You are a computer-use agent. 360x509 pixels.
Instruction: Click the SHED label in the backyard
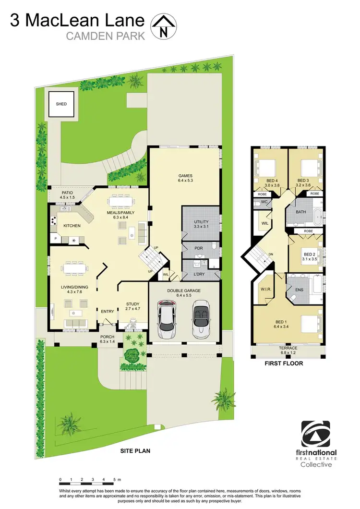click(x=61, y=104)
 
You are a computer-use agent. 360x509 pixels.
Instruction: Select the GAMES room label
click(x=185, y=176)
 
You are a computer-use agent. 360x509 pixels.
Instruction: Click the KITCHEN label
click(x=71, y=225)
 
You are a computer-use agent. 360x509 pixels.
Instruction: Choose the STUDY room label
click(x=133, y=304)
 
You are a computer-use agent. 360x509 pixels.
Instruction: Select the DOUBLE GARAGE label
click(x=184, y=291)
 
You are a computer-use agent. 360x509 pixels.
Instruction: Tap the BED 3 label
click(x=304, y=181)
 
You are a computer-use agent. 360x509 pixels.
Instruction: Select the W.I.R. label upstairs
click(x=265, y=290)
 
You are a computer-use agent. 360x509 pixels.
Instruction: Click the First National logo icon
click(x=318, y=435)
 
